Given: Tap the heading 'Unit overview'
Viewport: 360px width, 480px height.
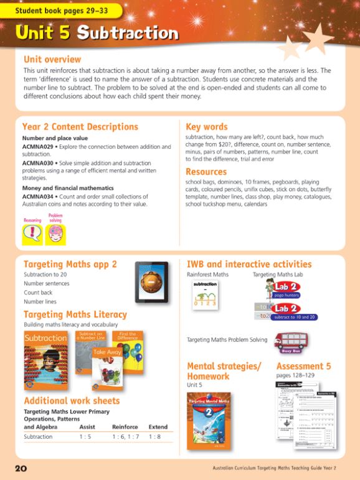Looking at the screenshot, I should point(52,60).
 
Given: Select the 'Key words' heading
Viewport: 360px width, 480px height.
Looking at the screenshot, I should point(206,126).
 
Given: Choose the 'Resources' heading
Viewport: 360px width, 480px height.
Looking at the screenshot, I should point(206,171).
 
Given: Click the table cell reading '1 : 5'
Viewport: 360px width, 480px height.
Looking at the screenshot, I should point(88,437).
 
